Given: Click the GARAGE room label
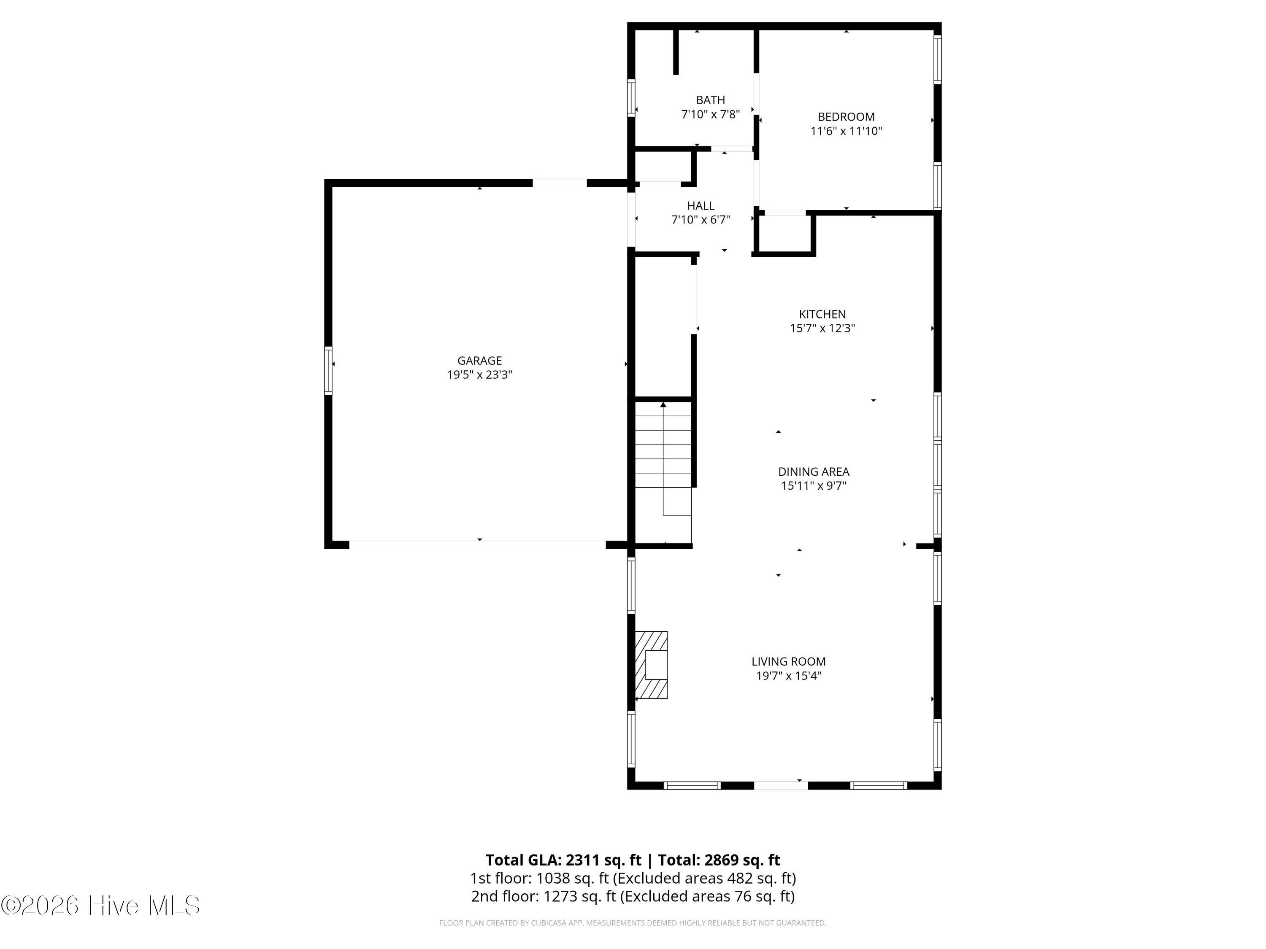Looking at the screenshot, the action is pyautogui.click(x=480, y=360).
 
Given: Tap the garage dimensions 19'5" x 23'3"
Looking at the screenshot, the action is pyautogui.click(x=480, y=375).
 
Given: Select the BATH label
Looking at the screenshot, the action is pyautogui.click(x=710, y=100).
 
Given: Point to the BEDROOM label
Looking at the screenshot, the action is pyautogui.click(x=846, y=117).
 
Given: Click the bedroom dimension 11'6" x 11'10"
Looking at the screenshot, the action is pyautogui.click(x=846, y=131).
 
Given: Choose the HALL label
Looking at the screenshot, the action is pyautogui.click(x=701, y=205).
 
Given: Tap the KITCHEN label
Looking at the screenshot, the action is pyautogui.click(x=822, y=314).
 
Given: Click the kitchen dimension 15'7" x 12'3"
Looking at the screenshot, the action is pyautogui.click(x=822, y=328).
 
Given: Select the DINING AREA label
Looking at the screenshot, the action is pyautogui.click(x=813, y=472).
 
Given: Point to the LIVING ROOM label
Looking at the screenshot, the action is pyautogui.click(x=789, y=661).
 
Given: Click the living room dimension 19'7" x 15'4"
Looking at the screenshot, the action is pyautogui.click(x=789, y=676).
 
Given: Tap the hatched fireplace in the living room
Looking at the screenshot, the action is pyautogui.click(x=651, y=665).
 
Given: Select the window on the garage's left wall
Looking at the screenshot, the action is pyautogui.click(x=328, y=370).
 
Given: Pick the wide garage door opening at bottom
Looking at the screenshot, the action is pyautogui.click(x=477, y=545).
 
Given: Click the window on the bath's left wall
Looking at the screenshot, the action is pyautogui.click(x=631, y=98).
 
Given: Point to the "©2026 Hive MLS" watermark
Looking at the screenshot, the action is pyautogui.click(x=101, y=906).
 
